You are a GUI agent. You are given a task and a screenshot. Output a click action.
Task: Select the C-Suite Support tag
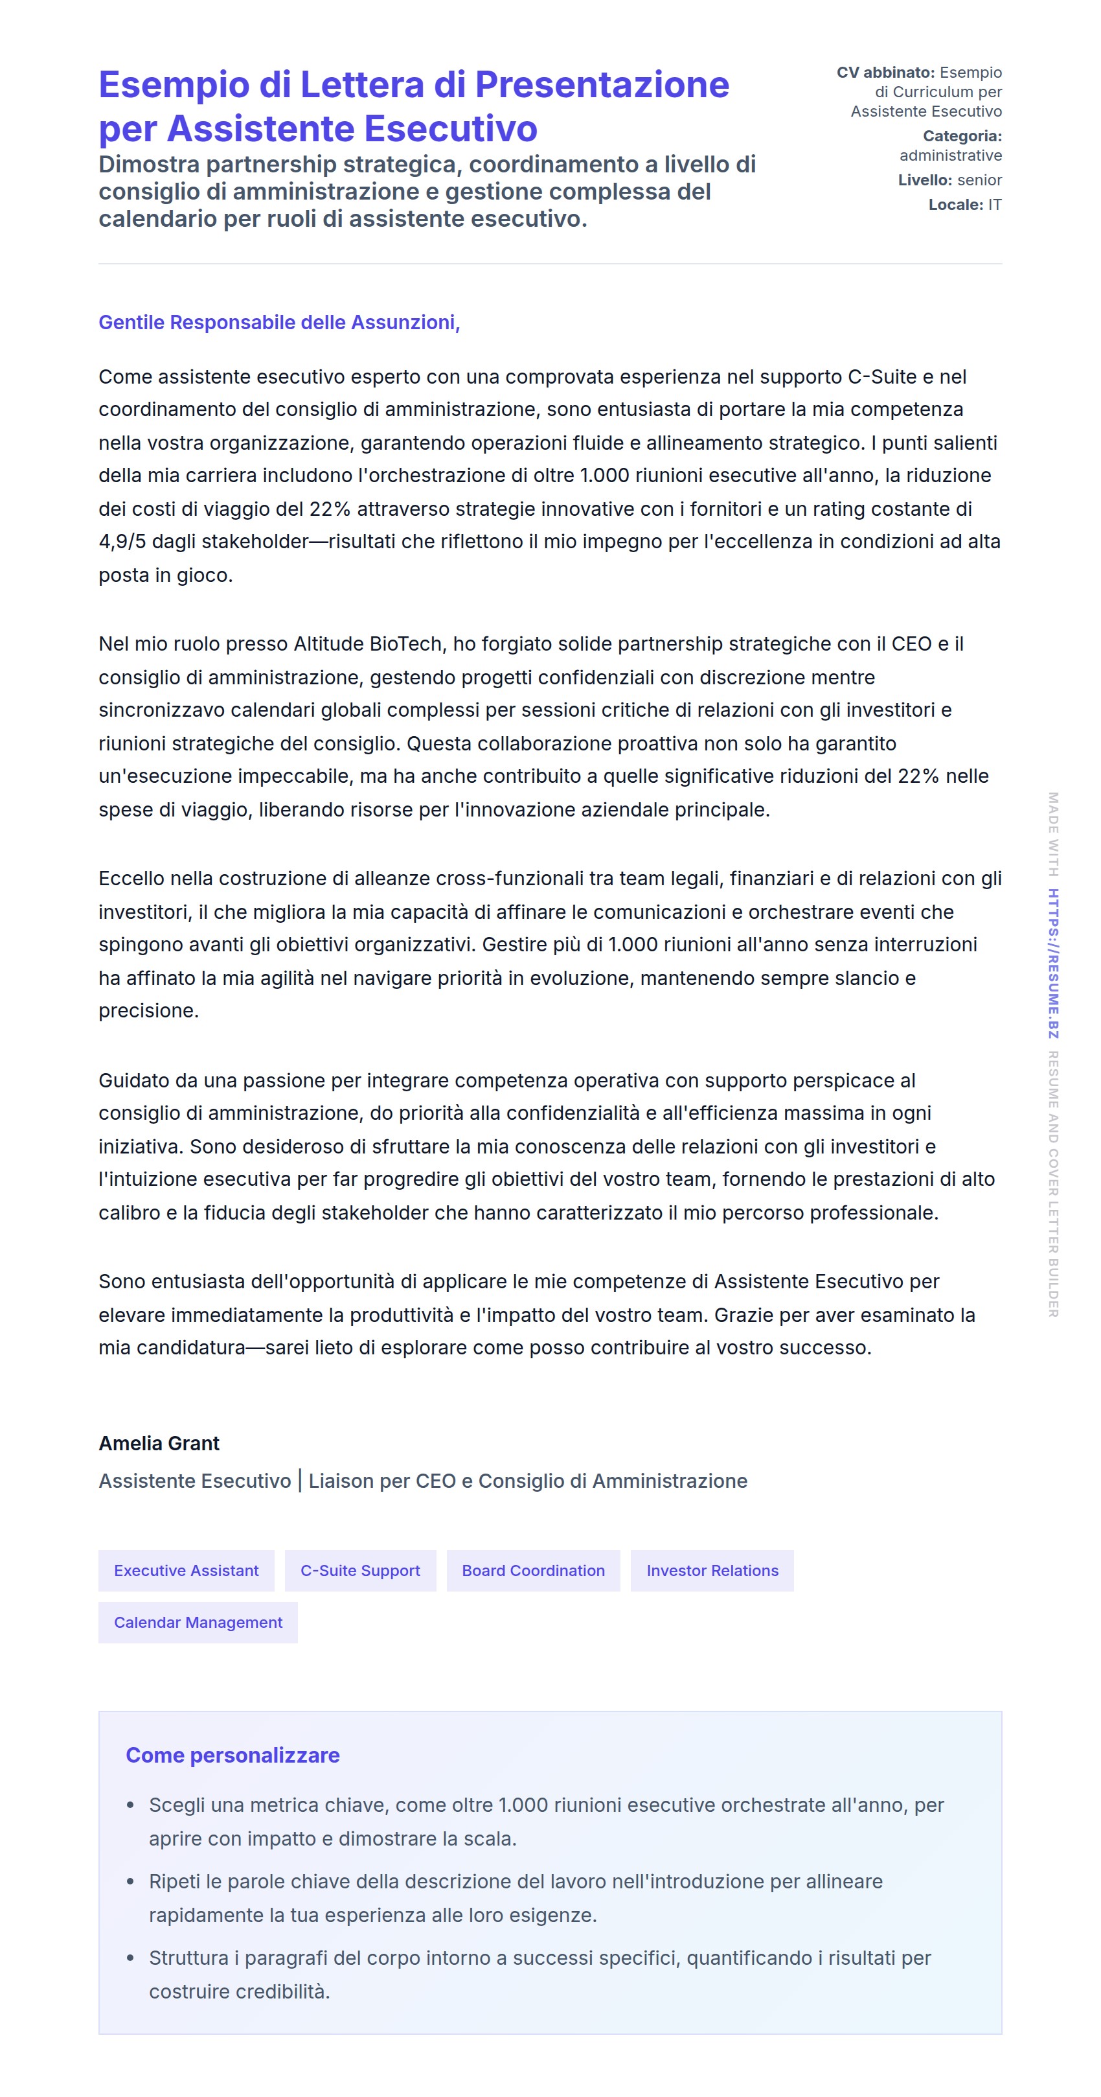point(359,1570)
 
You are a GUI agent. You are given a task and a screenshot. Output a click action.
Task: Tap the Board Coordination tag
point(533,1570)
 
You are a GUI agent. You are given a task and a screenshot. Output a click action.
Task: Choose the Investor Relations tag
point(712,1570)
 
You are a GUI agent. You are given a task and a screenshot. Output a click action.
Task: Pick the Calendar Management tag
point(198,1623)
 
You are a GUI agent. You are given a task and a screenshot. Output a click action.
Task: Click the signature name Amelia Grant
point(159,1443)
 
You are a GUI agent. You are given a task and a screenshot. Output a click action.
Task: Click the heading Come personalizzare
point(232,1755)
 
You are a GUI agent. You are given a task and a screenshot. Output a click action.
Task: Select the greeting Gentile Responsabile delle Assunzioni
point(279,322)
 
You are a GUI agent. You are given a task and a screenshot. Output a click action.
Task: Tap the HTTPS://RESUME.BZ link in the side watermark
point(1053,963)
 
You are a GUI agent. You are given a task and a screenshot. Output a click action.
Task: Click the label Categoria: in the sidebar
point(962,136)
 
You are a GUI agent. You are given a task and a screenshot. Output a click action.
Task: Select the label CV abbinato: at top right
point(885,73)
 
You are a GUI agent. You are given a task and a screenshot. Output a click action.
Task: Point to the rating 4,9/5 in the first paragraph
point(122,541)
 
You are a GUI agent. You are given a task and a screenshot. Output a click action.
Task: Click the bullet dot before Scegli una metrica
point(130,1805)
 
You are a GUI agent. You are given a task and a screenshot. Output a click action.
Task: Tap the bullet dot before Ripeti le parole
point(130,1882)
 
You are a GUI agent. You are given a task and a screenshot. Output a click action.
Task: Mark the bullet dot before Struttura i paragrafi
point(130,1958)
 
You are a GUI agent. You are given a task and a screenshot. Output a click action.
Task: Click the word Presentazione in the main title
point(602,85)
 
